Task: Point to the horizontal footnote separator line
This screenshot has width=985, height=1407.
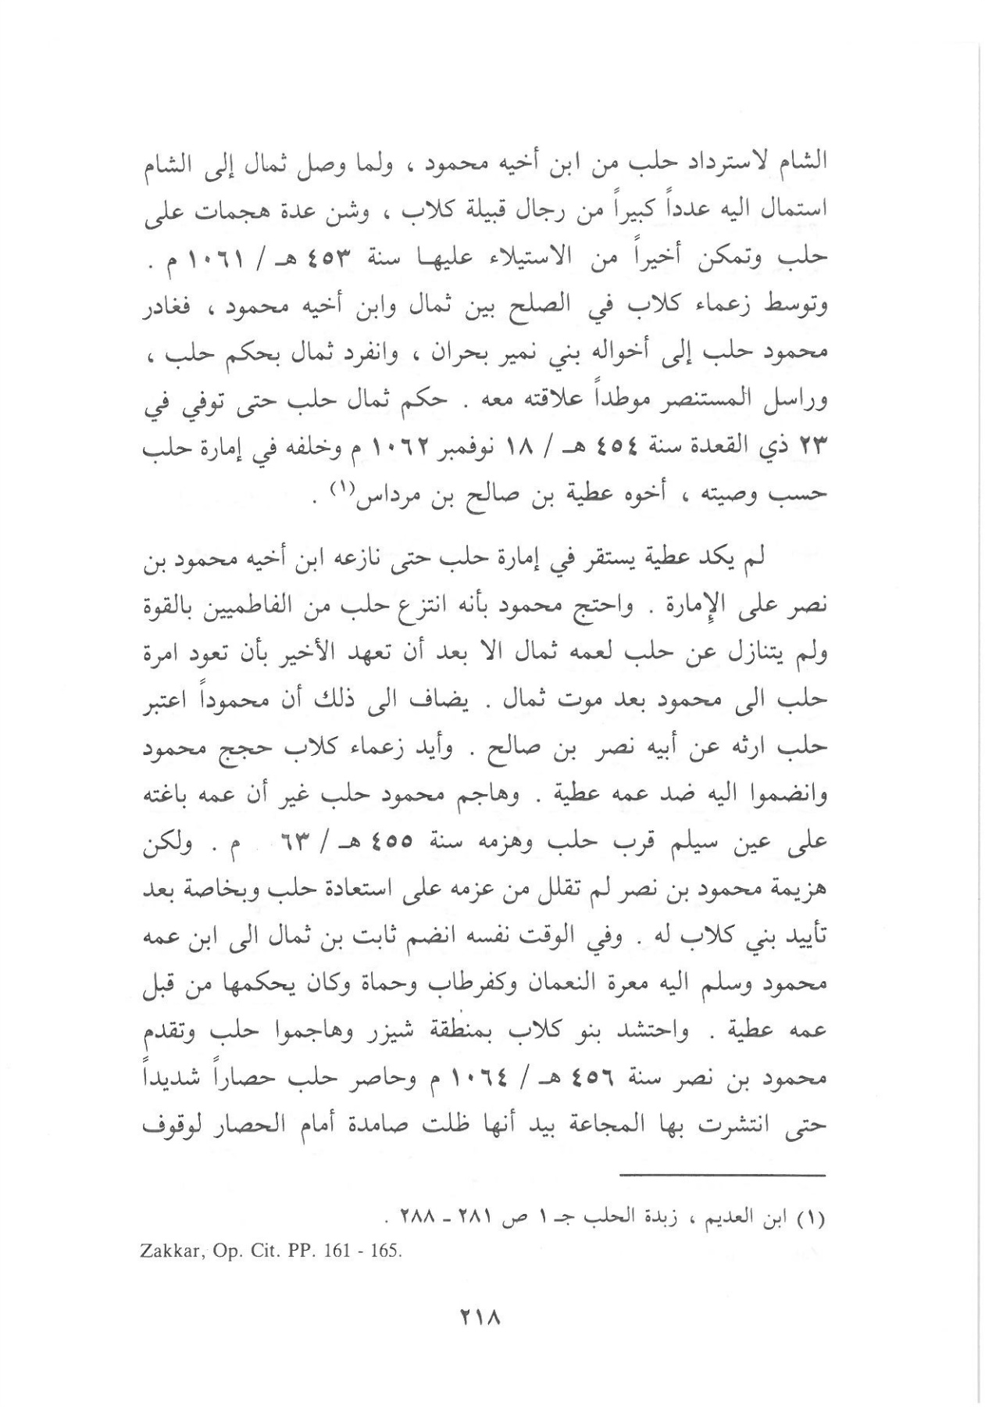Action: pyautogui.click(x=723, y=1175)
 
